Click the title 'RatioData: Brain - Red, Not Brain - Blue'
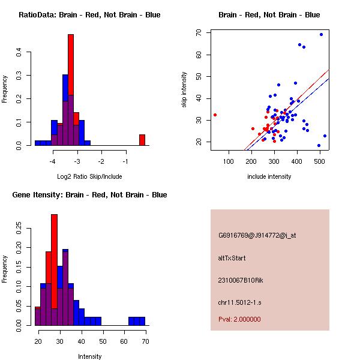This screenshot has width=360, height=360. coord(89,15)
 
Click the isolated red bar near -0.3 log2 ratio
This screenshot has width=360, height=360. coord(142,139)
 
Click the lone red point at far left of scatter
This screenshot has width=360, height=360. coord(215,115)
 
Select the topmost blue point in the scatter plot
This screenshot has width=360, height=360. coord(321,34)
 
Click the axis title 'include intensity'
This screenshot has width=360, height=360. coord(269,176)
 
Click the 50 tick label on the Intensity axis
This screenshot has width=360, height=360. coord(103,341)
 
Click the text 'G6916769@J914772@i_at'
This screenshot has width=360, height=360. coord(257,235)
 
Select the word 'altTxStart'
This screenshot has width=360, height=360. coord(232,258)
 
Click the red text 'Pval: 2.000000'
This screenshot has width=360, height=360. coord(239,319)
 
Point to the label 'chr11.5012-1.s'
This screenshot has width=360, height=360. coord(239,302)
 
